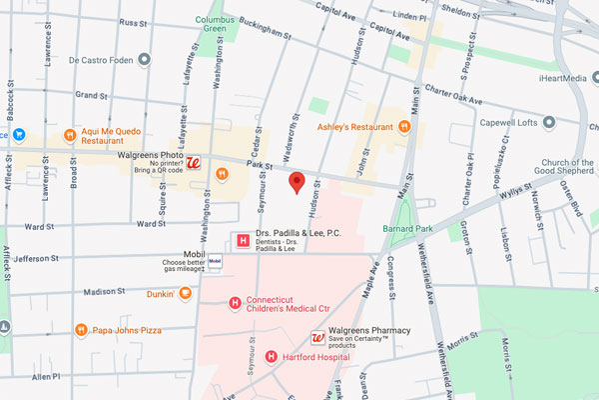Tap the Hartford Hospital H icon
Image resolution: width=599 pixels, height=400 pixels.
[272, 356]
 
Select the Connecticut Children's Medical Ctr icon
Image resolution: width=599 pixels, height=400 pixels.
[235, 303]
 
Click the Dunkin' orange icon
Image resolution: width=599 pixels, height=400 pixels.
[185, 293]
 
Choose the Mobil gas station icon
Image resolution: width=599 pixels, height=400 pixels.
[215, 262]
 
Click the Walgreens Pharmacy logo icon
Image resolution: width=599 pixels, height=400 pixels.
[318, 338]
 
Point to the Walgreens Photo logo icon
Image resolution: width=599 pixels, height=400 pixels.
[197, 163]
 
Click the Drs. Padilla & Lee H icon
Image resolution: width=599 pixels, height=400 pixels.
[241, 239]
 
